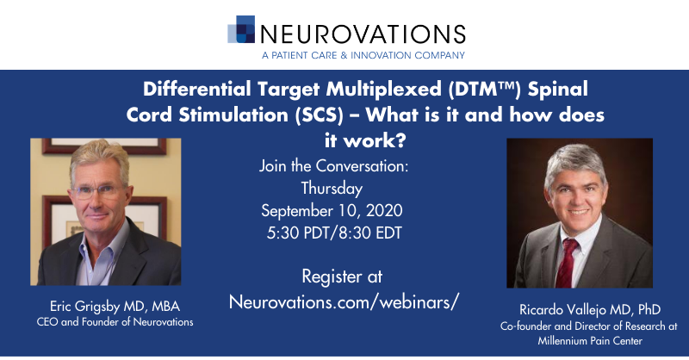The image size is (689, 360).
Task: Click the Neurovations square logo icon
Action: (x=241, y=29)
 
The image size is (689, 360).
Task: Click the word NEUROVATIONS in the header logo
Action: (x=363, y=34)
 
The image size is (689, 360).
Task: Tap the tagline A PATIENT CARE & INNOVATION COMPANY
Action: (x=363, y=55)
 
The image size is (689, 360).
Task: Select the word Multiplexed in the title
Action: (x=383, y=90)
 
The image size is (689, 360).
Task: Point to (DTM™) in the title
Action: (x=484, y=90)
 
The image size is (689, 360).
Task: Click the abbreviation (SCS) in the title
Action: (x=316, y=115)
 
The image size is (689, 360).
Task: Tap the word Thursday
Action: (x=332, y=189)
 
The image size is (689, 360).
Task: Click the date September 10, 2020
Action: (x=332, y=210)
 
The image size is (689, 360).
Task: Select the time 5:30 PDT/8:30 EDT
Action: (x=334, y=233)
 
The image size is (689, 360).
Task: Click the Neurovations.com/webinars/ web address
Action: (x=344, y=302)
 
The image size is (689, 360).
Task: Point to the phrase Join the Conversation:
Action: (x=333, y=166)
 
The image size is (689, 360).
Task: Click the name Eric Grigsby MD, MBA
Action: (x=115, y=307)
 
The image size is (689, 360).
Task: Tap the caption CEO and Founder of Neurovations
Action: (x=115, y=322)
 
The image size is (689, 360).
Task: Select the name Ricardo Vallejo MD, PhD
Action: (x=590, y=310)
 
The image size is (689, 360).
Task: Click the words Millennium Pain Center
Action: (x=590, y=341)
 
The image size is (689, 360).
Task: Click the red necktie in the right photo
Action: (x=567, y=264)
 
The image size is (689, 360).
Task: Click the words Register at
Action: (x=342, y=276)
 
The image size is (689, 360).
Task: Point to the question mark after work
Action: (x=400, y=140)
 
